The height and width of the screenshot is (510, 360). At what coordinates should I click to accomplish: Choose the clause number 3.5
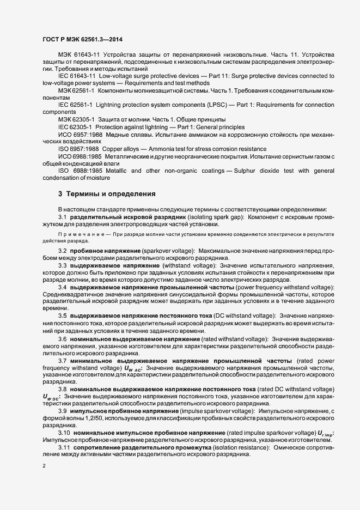pos(63,315)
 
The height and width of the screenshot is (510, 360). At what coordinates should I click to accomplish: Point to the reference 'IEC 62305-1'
pos(76,126)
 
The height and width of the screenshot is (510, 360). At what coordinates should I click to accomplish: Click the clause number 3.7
pos(63,361)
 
